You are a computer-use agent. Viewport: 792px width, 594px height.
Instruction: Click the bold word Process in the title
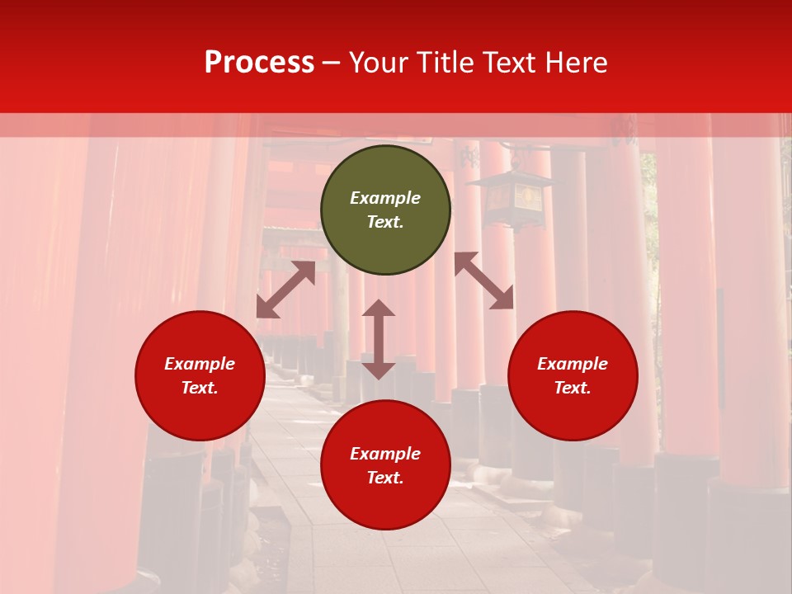click(259, 63)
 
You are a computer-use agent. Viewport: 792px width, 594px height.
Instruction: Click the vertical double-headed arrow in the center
click(379, 339)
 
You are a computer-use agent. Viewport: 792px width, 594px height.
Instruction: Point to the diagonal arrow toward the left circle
click(285, 290)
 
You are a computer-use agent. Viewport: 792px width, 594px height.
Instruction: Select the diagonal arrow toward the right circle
click(484, 280)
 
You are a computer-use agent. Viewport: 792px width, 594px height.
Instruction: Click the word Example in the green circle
click(385, 198)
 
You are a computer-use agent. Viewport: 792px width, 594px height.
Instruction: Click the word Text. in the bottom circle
click(385, 478)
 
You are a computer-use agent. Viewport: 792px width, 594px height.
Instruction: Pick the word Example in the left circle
click(200, 364)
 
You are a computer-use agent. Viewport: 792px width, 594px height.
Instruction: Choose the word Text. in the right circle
click(573, 388)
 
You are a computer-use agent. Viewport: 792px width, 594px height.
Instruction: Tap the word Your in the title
click(379, 63)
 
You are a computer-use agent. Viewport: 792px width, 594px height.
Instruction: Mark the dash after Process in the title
click(332, 63)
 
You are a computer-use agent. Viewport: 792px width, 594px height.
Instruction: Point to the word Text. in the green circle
click(385, 222)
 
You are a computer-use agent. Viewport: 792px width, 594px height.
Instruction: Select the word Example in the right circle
click(573, 364)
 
